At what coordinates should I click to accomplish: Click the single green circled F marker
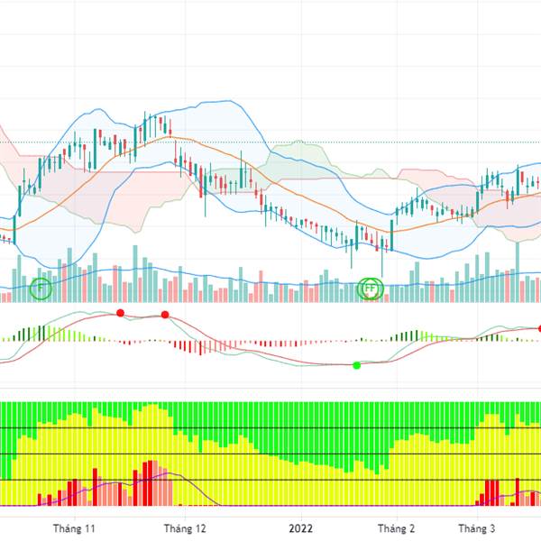[41, 289]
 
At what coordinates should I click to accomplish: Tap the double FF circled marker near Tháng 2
[371, 289]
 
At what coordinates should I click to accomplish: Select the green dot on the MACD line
[356, 365]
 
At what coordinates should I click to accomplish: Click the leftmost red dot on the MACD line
[120, 313]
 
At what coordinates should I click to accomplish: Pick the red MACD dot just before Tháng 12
[165, 315]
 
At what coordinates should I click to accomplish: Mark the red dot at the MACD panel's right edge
[539, 329]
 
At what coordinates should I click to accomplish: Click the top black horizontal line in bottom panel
[270, 427]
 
